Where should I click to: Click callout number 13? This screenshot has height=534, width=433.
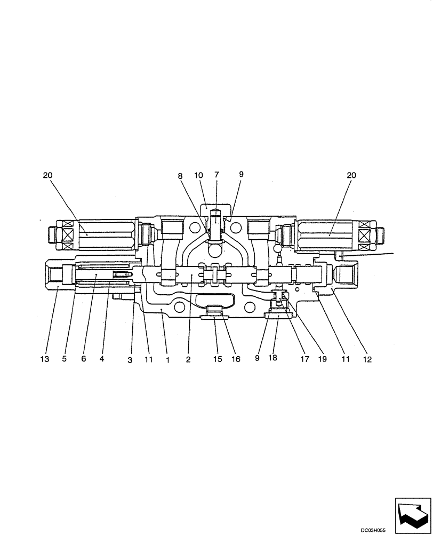(45, 359)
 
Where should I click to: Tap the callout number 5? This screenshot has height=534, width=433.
(64, 359)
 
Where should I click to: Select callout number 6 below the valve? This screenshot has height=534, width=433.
(83, 359)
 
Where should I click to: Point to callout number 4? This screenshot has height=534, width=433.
(101, 359)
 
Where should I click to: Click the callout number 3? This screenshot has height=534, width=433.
(130, 360)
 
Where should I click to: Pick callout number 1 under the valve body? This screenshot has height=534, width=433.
(167, 360)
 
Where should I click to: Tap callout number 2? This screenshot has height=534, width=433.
(188, 360)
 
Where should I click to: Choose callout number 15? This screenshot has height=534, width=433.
(218, 359)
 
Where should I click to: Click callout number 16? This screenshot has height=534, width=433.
(236, 359)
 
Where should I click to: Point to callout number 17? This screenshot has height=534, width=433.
(304, 359)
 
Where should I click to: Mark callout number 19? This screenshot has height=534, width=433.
(323, 359)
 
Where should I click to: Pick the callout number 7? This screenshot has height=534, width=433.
(217, 175)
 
